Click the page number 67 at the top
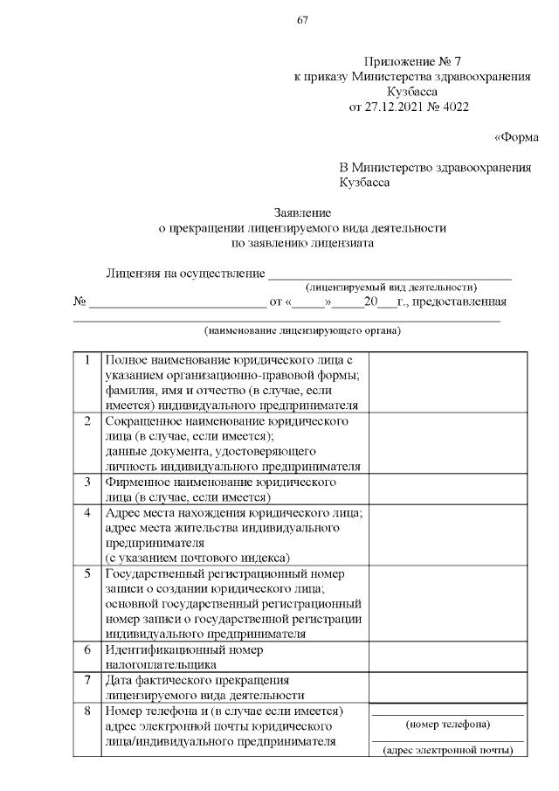(x=302, y=21)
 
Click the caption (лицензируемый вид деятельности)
(x=390, y=287)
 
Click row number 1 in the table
(x=87, y=360)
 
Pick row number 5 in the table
(x=87, y=574)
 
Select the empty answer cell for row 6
(x=447, y=657)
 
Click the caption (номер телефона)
(x=448, y=725)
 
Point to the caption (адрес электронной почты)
(x=448, y=750)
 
